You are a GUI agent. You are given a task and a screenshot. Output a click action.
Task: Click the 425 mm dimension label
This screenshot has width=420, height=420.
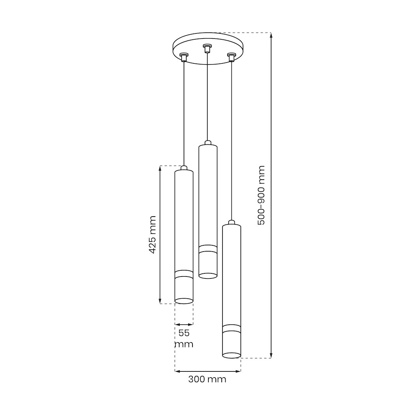pos(152,234)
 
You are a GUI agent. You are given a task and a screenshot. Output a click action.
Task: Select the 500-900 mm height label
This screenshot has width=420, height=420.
pos(261,195)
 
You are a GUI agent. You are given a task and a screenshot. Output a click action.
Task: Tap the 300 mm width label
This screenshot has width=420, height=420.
pos(207,379)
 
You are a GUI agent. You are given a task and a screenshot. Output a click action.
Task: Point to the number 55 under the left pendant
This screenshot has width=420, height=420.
pos(184,333)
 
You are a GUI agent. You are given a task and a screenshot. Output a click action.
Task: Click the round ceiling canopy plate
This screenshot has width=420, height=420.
pos(208,49)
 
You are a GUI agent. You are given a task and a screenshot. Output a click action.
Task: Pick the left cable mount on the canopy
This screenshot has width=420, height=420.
pos(184,57)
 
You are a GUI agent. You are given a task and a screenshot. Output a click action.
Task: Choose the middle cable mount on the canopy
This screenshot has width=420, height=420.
pos(206,48)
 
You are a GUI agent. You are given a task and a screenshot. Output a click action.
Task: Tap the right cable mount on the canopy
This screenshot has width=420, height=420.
pos(231,57)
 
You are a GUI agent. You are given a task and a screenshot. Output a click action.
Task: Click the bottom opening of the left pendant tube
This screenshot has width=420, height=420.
pos(184,301)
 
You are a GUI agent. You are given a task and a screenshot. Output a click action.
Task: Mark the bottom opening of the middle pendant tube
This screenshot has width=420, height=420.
pos(208,275)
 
